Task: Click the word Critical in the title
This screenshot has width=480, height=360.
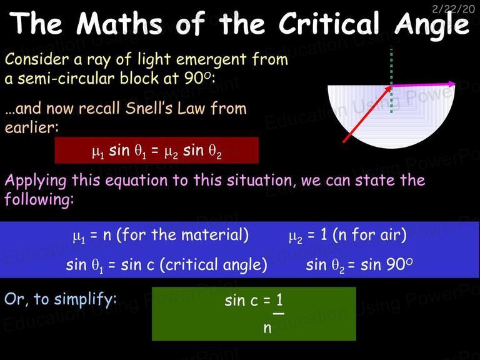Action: tap(329, 24)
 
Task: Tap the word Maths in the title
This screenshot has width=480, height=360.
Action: tap(119, 24)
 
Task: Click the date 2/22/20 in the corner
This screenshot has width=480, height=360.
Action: tap(453, 9)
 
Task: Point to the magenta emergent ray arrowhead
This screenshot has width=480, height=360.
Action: tap(452, 84)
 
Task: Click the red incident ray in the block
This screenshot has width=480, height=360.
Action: tap(367, 114)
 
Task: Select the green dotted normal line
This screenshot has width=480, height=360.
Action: tap(391, 81)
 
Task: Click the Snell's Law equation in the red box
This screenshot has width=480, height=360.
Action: tap(156, 151)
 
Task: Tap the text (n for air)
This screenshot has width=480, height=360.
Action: tap(370, 235)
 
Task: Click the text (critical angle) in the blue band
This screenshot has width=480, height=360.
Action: tap(213, 265)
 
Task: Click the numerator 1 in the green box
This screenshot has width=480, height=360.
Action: tap(279, 300)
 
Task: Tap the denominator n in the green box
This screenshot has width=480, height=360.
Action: tap(267, 328)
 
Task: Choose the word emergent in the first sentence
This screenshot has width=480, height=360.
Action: tap(211, 59)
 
